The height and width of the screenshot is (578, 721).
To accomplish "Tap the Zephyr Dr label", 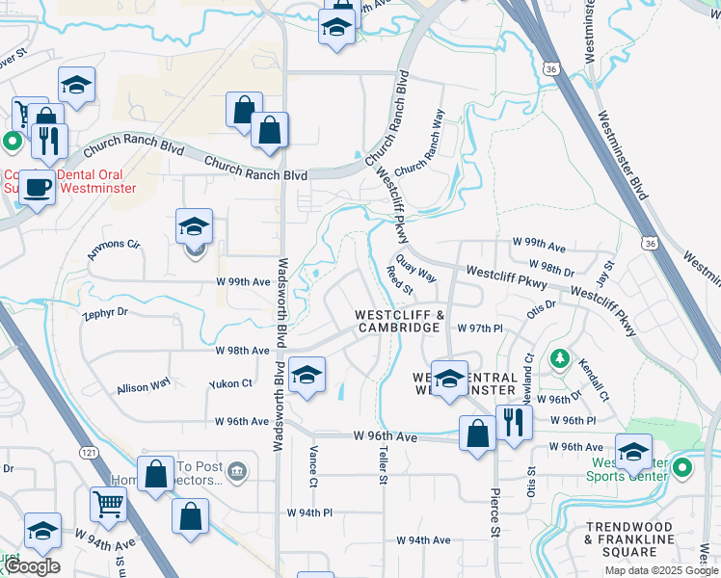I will pyautogui.click(x=105, y=314).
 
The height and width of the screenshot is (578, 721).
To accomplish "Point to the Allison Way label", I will pyautogui.click(x=144, y=387).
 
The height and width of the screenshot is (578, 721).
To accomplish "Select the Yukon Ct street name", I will pyautogui.click(x=230, y=383).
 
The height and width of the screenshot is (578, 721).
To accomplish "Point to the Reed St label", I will pyautogui.click(x=399, y=282).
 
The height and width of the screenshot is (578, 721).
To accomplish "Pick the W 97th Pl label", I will pyautogui.click(x=480, y=328).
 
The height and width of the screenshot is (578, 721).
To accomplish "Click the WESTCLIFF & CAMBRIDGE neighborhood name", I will pyautogui.click(x=399, y=321).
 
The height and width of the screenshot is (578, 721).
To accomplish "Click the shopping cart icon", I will pyautogui.click(x=108, y=503).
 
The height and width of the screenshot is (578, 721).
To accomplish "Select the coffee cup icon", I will pyautogui.click(x=38, y=187).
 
